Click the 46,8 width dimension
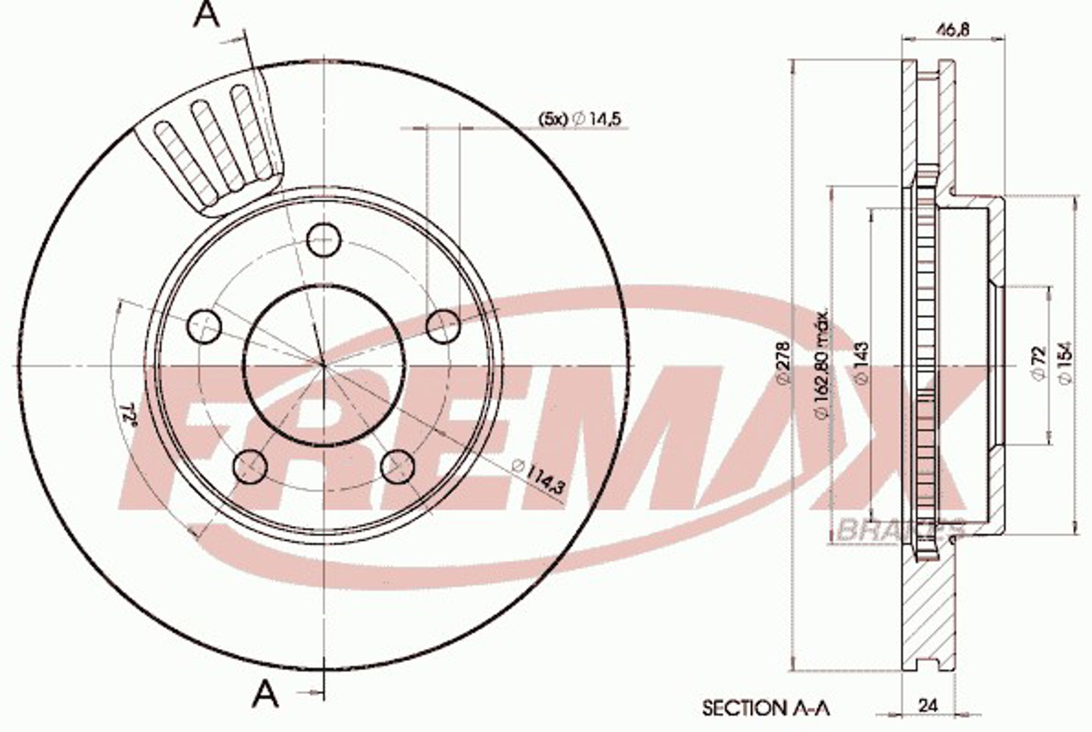pos(953,30)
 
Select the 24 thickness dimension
pos(928,705)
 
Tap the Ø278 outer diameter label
pos(783,363)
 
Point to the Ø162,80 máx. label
pos(822,364)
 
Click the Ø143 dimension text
pos(862,363)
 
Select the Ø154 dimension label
pos(1065,363)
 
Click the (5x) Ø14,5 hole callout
pos(580,120)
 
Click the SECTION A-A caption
pos(766,708)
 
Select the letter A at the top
pos(206,15)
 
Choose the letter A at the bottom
pos(265,694)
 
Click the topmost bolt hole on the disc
pos(323,239)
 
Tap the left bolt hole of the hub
pos(204,326)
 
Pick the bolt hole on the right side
pos(443,326)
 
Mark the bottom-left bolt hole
pos(250,466)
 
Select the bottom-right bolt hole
pos(397,466)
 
